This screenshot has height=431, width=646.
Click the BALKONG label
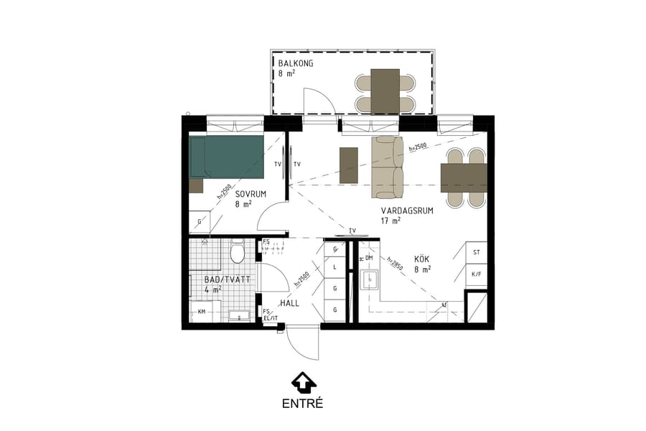point(296,64)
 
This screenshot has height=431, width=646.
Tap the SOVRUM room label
point(251,194)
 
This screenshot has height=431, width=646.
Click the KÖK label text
point(422,259)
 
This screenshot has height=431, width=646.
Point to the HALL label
point(289,303)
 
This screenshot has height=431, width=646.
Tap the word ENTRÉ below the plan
point(302,404)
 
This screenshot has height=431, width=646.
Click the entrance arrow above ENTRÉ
point(303,381)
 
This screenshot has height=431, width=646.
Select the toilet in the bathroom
point(238,252)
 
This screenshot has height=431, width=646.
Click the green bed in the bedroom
point(227,156)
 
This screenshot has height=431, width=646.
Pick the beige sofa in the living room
point(388,167)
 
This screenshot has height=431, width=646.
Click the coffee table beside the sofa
point(348,165)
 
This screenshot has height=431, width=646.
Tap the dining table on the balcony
point(385,91)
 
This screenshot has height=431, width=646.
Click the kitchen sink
point(370,279)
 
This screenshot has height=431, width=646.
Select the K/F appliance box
point(476,274)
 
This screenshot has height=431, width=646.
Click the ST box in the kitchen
point(476,252)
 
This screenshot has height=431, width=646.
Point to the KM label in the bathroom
point(202,312)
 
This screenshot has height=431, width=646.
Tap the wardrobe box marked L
point(334,267)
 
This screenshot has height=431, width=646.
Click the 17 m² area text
point(391,221)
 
